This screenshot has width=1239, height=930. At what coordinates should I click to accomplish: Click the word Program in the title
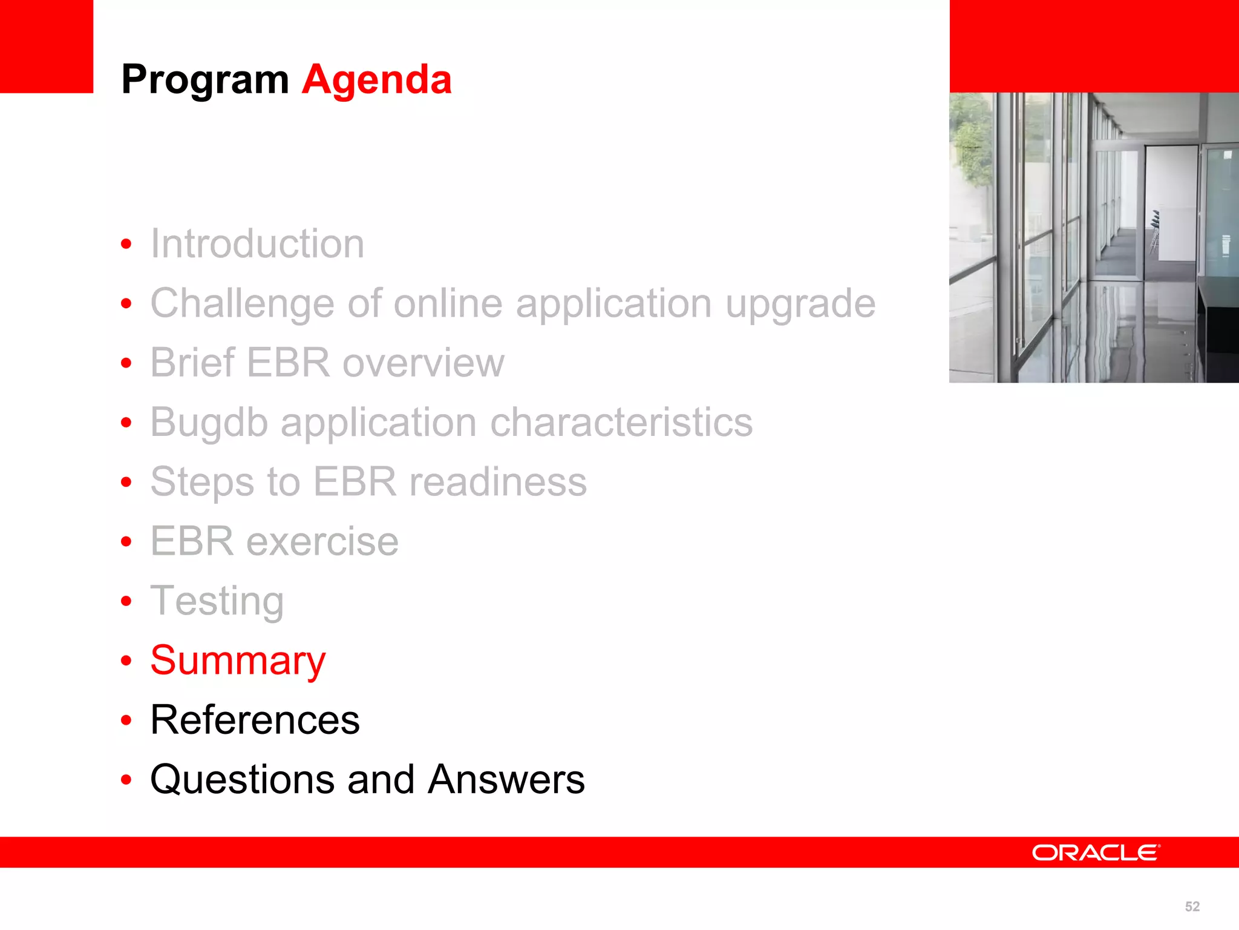(205, 81)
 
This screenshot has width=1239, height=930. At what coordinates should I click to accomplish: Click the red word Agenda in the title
(376, 79)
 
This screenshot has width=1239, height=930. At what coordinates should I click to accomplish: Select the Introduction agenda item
(257, 244)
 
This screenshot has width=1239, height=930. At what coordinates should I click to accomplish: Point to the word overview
(423, 363)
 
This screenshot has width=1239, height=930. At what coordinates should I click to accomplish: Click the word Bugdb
(209, 423)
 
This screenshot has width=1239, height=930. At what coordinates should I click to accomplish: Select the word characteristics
(621, 422)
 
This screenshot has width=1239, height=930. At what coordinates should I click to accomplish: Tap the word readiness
(497, 482)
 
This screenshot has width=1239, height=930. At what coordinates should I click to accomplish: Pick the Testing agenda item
(217, 601)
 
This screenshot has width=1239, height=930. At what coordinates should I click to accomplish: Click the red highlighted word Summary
(238, 661)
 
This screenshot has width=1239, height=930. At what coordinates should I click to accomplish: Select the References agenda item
(255, 720)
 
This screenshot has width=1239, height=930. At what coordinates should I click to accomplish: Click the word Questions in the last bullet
(242, 779)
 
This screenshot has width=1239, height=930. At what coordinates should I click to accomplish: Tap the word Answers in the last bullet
(506, 779)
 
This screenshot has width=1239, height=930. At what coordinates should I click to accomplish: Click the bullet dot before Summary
(126, 661)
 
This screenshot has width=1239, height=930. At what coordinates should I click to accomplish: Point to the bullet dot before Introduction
(126, 244)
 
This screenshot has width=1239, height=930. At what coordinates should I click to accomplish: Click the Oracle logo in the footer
(1096, 852)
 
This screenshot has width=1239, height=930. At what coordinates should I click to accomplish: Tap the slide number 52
(1192, 906)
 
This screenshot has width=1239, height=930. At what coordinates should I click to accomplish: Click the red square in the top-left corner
(46, 46)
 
